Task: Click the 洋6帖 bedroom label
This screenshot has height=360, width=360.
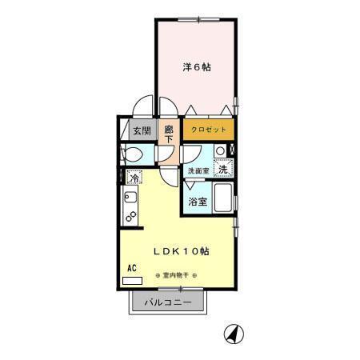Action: click(x=196, y=68)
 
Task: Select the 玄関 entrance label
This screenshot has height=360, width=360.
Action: click(x=142, y=130)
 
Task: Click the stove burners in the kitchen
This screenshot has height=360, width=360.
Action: click(x=130, y=216)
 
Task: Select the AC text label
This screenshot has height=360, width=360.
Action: click(x=131, y=270)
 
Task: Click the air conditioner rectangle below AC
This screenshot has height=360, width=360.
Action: click(x=132, y=281)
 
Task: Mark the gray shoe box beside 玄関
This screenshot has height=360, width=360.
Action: click(x=124, y=130)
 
